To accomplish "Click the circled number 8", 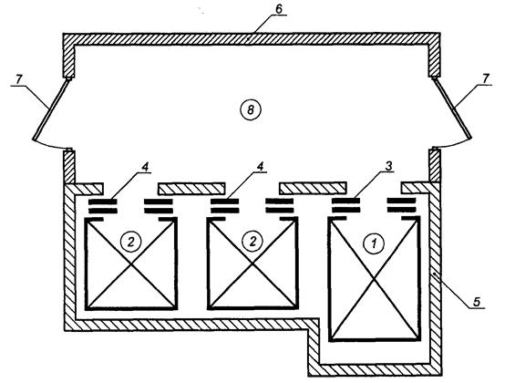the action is point(251,109).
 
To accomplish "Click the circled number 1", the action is point(374,243).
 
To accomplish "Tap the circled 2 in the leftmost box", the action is point(131,242).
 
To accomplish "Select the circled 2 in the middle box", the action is point(252,242).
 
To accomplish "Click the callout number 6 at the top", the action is point(279,9).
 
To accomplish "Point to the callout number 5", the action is point(477,301).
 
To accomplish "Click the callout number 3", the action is point(388,166).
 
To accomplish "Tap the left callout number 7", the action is point(19,79).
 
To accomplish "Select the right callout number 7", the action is point(486,78).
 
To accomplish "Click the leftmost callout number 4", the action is point(145,167).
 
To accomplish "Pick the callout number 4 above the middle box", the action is point(260,166).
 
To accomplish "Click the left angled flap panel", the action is point(52,109).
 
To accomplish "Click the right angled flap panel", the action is point(452,109).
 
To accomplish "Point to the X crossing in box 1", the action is point(375,279).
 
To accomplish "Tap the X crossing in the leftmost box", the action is point(131,264).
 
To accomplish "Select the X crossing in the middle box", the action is point(252,264).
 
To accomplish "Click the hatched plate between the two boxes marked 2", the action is point(191,189).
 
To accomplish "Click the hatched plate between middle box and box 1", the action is point(313,188).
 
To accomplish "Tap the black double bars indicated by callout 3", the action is point(345,205).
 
